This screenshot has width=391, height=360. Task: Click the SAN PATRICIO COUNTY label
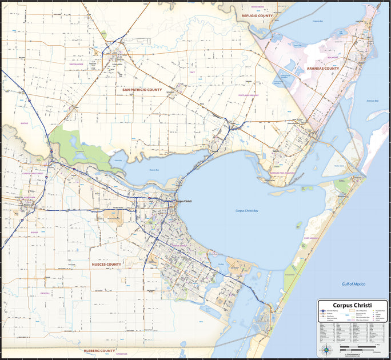(x=142, y=90)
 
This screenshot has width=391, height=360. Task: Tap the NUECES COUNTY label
(x=106, y=265)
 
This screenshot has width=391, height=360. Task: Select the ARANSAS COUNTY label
(x=323, y=69)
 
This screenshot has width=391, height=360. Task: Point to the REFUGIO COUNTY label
(x=257, y=16)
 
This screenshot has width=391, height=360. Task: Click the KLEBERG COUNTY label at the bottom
(x=99, y=350)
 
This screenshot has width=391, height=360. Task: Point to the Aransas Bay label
(x=373, y=101)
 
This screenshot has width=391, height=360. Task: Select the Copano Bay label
(x=318, y=21)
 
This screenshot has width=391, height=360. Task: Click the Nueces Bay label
(x=154, y=170)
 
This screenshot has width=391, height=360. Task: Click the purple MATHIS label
(x=24, y=123)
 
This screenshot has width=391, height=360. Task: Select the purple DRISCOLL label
(x=46, y=294)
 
